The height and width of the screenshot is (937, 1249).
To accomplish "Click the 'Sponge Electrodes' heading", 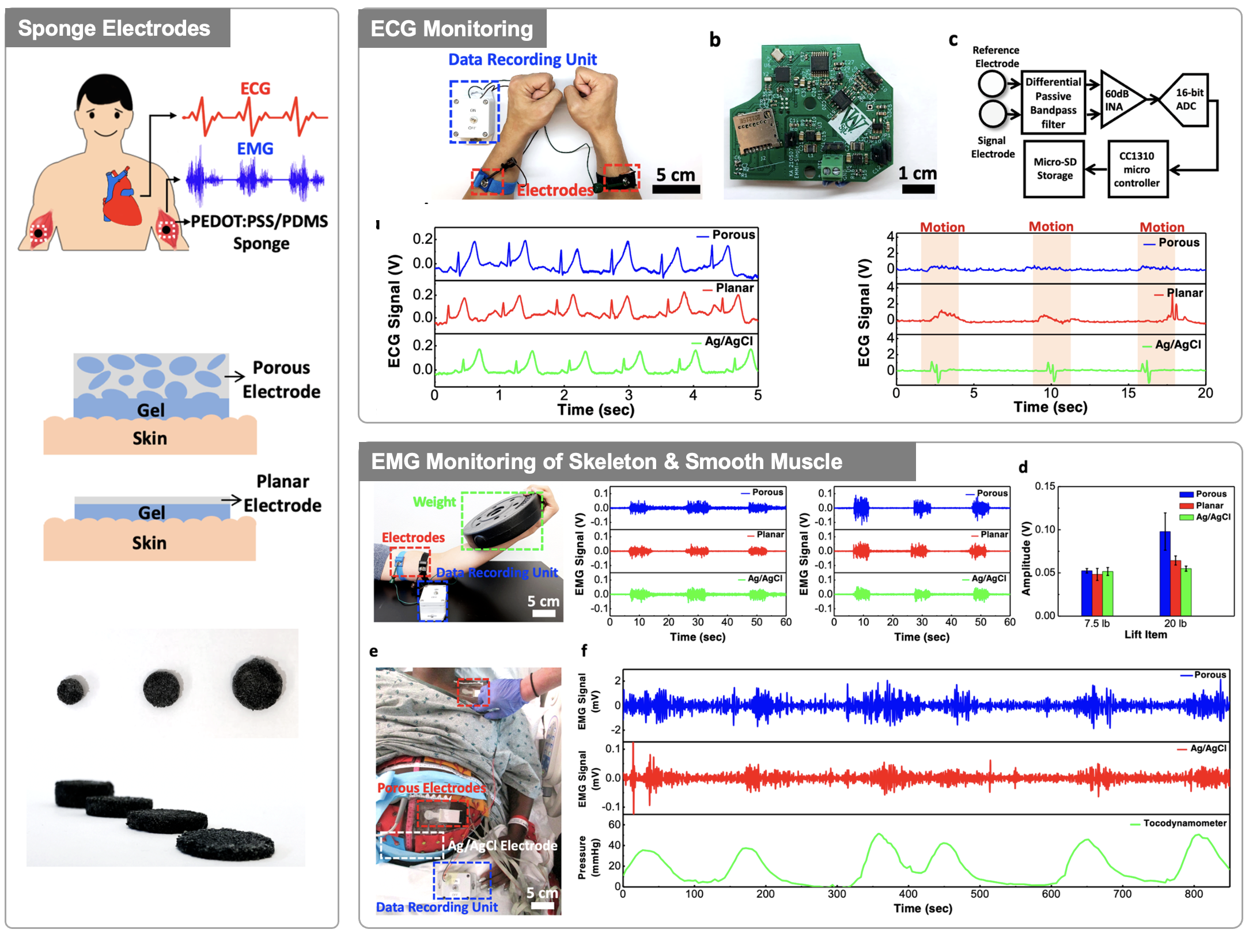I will coord(114,28).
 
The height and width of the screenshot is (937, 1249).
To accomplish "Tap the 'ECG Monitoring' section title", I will coord(452,29).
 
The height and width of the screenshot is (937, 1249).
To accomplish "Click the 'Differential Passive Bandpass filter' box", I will coord(1053,103).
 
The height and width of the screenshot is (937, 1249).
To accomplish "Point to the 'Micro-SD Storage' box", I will coord(1054,169).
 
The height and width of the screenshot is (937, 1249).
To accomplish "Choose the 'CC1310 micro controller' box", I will coord(1137,169).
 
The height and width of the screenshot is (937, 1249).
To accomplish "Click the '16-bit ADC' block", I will coord(1187,99).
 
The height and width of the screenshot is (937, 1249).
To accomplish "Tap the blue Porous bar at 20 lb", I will coord(1165,573).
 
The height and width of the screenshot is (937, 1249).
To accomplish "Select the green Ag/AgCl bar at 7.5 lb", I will coord(1107,593).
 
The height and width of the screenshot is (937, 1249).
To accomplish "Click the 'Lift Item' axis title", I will coord(1145,634).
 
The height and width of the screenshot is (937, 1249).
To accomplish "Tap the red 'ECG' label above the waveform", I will coord(255,88).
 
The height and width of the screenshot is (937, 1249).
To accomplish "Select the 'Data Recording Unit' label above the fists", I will coord(522,59).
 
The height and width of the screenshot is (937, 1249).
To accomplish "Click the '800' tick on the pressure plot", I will coord(1193,894).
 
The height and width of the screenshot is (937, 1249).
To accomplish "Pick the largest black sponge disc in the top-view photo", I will coord(257,684).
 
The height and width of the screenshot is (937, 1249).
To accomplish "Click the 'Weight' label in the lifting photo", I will coord(434,502).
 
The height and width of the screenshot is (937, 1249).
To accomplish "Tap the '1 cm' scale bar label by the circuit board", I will coord(917,173).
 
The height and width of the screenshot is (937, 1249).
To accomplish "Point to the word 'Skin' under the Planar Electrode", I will coord(149,543).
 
